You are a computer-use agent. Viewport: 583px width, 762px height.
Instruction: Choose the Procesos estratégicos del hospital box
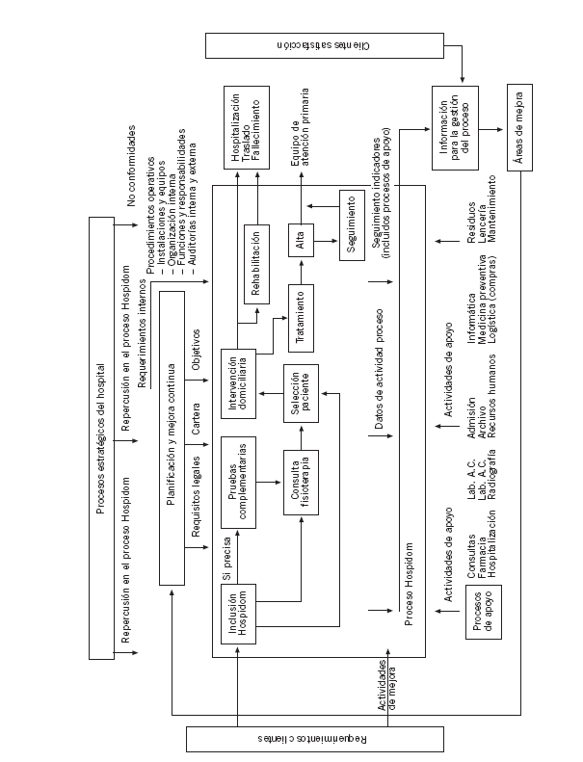[x=101, y=438]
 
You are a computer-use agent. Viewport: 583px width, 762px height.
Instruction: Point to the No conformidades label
[x=132, y=164]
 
